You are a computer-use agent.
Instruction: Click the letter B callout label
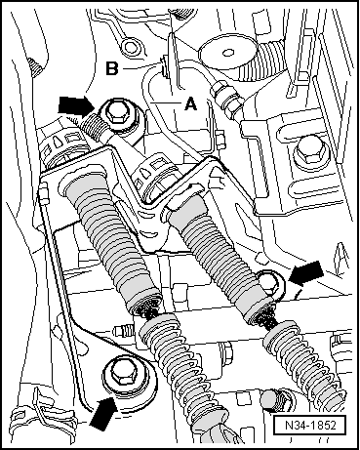pyautogui.click(x=112, y=68)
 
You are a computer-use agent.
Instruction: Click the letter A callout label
pyautogui.click(x=190, y=104)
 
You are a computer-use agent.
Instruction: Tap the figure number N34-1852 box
pyautogui.click(x=309, y=425)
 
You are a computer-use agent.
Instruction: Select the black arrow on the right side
pyautogui.click(x=305, y=272)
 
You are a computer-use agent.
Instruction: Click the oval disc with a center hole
pyautogui.click(x=227, y=53)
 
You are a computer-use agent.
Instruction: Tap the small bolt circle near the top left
pyautogui.click(x=131, y=47)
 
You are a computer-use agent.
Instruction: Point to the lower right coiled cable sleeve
pyautogui.click(x=301, y=359)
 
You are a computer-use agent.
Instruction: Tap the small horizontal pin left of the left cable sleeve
pyautogui.click(x=123, y=330)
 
